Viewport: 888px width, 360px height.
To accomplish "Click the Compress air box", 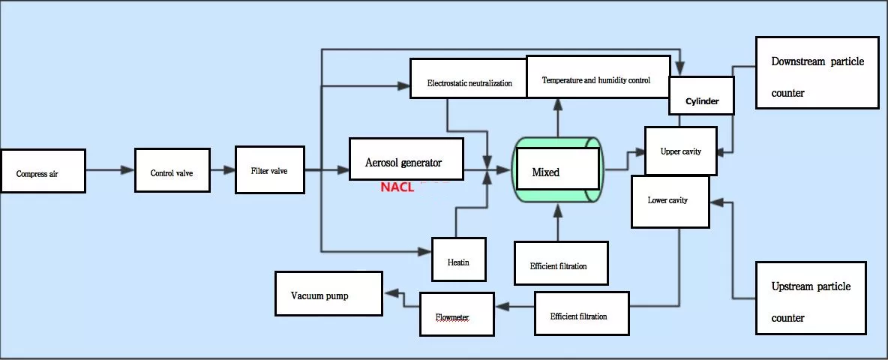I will point(43,171).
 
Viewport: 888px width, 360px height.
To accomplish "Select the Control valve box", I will point(172,170).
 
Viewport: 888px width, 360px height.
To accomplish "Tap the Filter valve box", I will point(270,169).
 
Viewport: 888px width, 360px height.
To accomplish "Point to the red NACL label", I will point(397,187).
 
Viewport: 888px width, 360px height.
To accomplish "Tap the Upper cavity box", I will point(680,151).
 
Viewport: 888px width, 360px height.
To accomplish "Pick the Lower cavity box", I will point(670,201).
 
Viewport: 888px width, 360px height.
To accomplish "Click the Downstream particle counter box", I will point(817,73).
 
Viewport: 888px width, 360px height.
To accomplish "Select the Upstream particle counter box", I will point(811,298).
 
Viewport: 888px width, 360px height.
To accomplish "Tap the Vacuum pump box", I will point(328,295).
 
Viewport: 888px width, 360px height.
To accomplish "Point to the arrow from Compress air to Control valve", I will point(109,170).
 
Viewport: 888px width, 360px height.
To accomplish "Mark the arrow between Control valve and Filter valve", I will point(222,170).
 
